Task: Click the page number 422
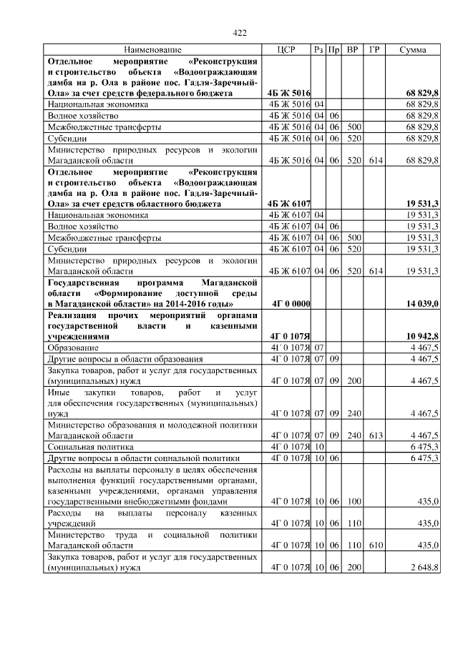pyautogui.click(x=240, y=33)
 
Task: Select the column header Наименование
pyautogui.click(x=152, y=50)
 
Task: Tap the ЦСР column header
pyautogui.click(x=286, y=50)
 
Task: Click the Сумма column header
pyautogui.click(x=413, y=50)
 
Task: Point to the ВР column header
pyautogui.click(x=352, y=50)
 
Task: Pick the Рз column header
pyautogui.click(x=318, y=50)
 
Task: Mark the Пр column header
pyautogui.click(x=333, y=50)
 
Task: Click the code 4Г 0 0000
pyautogui.click(x=291, y=304)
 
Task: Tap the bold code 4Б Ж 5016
pyautogui.click(x=288, y=94)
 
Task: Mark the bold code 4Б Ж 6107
pyautogui.click(x=288, y=204)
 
